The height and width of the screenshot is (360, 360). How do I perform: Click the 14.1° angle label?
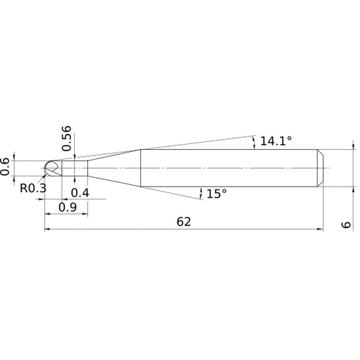click(x=276, y=141)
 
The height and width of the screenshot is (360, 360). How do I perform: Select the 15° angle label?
click(x=217, y=194)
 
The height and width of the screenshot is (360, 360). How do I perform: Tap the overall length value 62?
click(x=184, y=222)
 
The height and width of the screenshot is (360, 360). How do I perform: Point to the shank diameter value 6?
click(x=346, y=225)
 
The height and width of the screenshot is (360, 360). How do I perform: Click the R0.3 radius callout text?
click(x=33, y=188)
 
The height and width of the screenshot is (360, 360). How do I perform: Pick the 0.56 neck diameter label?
click(x=66, y=138)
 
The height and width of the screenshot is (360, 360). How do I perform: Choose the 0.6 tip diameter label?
click(x=5, y=166)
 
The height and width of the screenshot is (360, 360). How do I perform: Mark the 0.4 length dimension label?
click(x=80, y=193)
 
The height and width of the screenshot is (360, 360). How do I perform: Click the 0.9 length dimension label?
click(x=68, y=207)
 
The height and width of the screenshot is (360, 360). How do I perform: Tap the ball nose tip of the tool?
click(x=48, y=168)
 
